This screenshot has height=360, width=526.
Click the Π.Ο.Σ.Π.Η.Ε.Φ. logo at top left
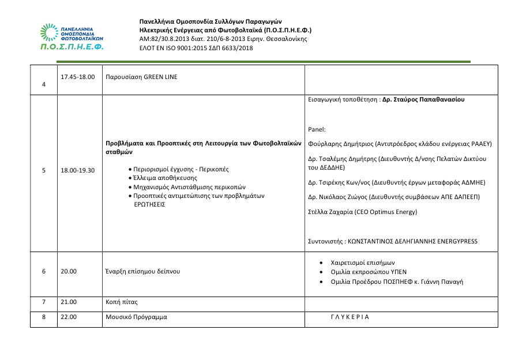[x=72, y=37]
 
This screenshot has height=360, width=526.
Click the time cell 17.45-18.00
[x=77, y=76]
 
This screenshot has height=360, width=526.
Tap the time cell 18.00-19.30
[x=77, y=171]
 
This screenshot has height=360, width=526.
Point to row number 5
[x=44, y=171]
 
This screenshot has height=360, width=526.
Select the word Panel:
[x=317, y=130]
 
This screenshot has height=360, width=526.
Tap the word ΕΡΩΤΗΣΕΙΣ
[x=149, y=204]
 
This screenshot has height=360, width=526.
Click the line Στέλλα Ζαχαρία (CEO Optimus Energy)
[x=363, y=212]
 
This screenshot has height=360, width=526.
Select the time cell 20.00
[x=68, y=271]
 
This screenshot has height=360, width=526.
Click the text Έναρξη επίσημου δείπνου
[x=142, y=271]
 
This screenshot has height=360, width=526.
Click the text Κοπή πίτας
[x=122, y=302]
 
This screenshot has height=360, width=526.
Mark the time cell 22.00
[x=68, y=317]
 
